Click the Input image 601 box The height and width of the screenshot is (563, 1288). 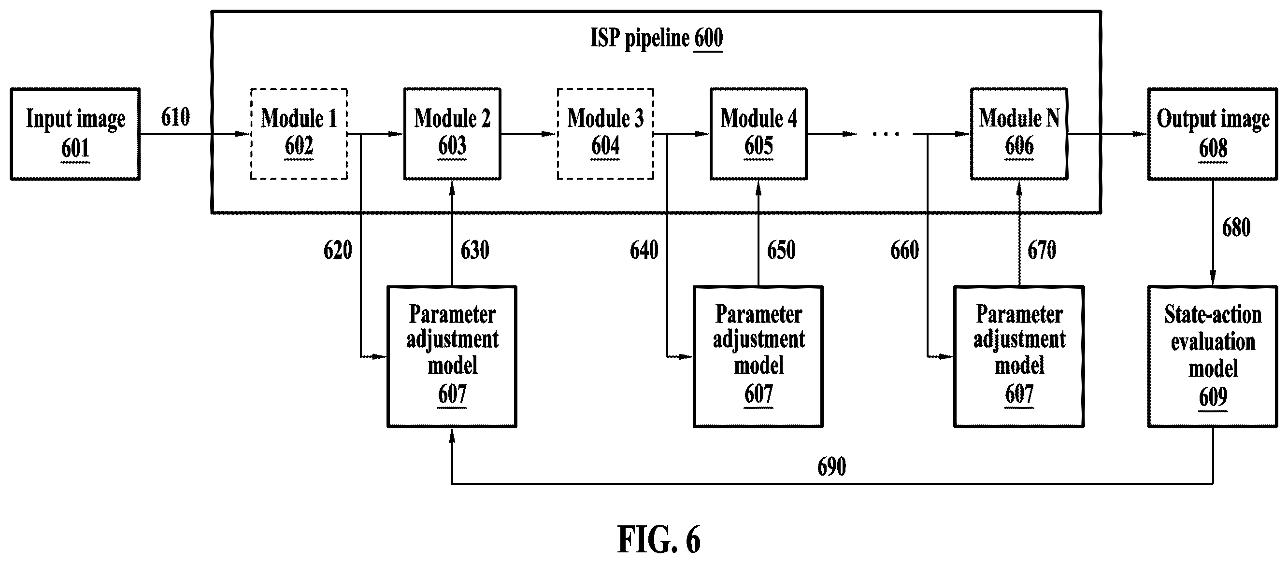(x=75, y=134)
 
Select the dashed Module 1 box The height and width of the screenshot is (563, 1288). (x=299, y=134)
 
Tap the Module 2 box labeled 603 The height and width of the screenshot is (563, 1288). (x=453, y=134)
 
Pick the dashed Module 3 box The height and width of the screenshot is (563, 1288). (x=605, y=134)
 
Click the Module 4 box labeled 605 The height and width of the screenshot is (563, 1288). (x=758, y=134)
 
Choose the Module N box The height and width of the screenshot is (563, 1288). (x=1019, y=134)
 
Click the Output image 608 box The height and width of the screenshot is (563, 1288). (x=1213, y=134)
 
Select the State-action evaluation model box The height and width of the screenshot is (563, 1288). (x=1213, y=357)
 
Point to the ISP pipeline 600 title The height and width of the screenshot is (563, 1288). (x=657, y=39)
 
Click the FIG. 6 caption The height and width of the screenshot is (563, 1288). (x=659, y=539)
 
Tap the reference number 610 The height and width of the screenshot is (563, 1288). (x=175, y=117)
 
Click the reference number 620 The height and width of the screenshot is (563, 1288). (x=338, y=250)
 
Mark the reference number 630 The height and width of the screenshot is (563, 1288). (x=475, y=250)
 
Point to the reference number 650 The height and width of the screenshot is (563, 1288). (x=782, y=250)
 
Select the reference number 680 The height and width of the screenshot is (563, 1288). (x=1236, y=227)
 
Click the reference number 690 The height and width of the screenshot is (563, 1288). (x=832, y=466)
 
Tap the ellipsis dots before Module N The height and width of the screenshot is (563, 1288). (x=886, y=134)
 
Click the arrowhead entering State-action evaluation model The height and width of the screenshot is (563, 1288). (x=1213, y=278)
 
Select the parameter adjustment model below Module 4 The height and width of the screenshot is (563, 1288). (x=758, y=357)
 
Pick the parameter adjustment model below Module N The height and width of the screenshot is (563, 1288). (x=1019, y=357)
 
